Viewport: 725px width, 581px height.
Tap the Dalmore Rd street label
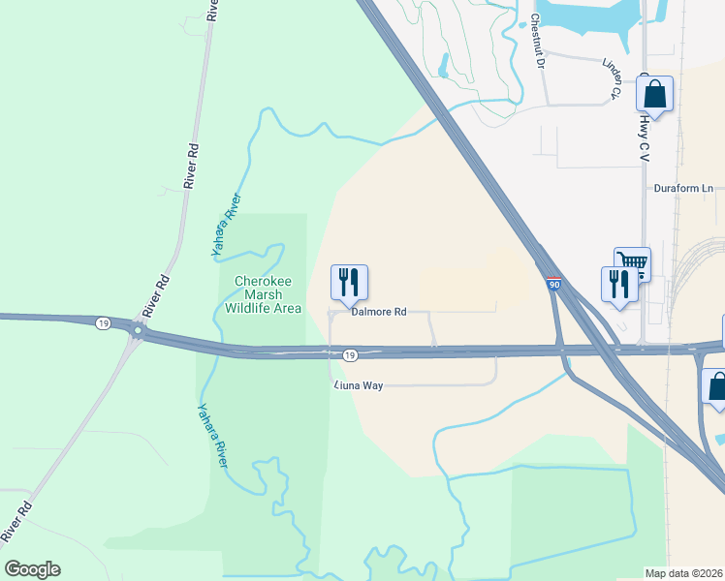pyautogui.click(x=378, y=312)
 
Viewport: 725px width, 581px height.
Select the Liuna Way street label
pyautogui.click(x=359, y=385)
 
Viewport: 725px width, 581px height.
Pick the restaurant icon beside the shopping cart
pyautogui.click(x=618, y=285)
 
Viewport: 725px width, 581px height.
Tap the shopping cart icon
pyautogui.click(x=632, y=262)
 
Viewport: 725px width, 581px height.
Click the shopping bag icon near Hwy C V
pyautogui.click(x=655, y=95)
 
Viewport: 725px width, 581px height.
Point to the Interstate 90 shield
pyautogui.click(x=552, y=284)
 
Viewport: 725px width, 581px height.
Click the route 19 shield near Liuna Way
pyautogui.click(x=351, y=355)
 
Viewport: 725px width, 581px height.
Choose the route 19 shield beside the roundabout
pyautogui.click(x=103, y=323)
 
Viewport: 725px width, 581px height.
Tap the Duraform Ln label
pyautogui.click(x=683, y=188)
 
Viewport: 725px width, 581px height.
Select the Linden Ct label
pyautogui.click(x=611, y=77)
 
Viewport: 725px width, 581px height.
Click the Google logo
pyautogui.click(x=32, y=569)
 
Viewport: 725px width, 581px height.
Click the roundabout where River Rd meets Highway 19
pyautogui.click(x=138, y=331)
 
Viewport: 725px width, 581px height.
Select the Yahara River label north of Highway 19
pyautogui.click(x=226, y=226)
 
